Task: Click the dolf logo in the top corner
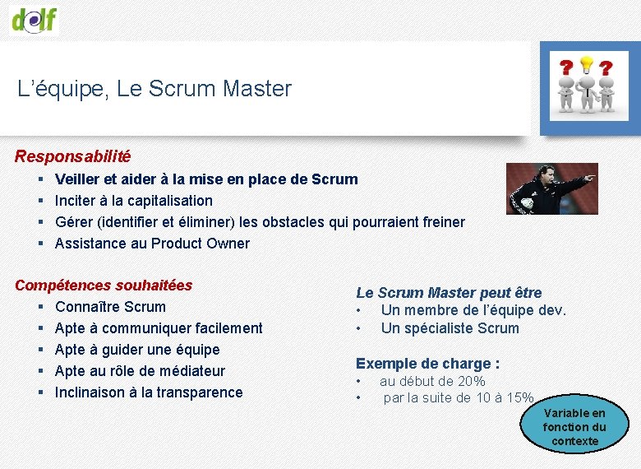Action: [35, 18]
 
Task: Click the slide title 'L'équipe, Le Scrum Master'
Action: [154, 89]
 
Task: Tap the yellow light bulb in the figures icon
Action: [586, 64]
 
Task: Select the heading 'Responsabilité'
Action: [72, 156]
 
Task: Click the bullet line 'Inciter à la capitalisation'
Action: [133, 201]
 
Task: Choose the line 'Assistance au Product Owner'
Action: [152, 244]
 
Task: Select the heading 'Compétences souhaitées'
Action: [104, 286]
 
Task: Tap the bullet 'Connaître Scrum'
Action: [110, 307]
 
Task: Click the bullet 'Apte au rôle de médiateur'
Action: [140, 371]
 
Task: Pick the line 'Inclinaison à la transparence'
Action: [149, 392]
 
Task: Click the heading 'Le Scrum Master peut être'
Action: [449, 293]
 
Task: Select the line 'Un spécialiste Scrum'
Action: [450, 328]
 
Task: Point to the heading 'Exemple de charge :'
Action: [427, 364]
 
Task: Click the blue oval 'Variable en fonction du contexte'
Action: [574, 427]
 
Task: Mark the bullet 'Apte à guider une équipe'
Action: [137, 350]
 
